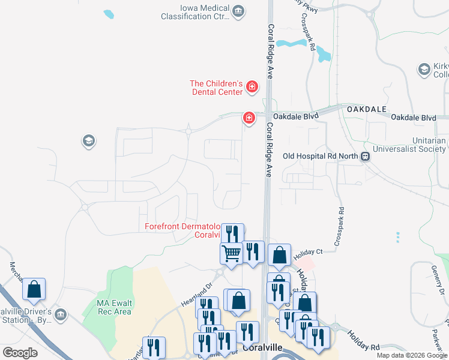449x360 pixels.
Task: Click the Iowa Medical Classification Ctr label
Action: pos(196,12)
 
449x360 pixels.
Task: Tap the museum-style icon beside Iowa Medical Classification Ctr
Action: pos(239,11)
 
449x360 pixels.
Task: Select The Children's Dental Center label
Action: pos(216,88)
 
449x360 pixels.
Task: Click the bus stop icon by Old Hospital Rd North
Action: pos(364,157)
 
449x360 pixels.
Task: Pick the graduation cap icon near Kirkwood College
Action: pos(425,70)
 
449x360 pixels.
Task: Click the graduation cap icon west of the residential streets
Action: pos(88,142)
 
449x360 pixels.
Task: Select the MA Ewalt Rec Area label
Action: pos(114,307)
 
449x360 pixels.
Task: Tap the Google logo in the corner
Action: pos(20,352)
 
